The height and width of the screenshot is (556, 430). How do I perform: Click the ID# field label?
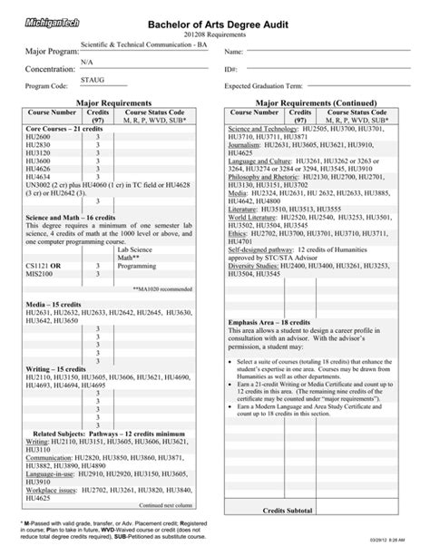coord(231,68)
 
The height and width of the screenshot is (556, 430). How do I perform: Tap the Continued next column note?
coord(164,504)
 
